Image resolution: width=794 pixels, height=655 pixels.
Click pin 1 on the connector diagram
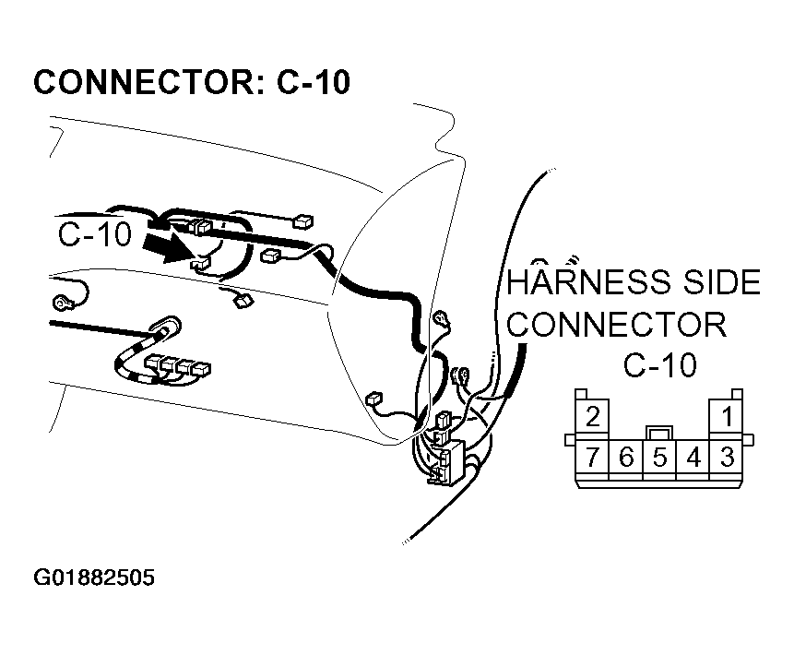[726, 416]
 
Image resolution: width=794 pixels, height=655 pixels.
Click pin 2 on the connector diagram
[593, 416]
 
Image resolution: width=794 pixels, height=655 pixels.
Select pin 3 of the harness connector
[727, 457]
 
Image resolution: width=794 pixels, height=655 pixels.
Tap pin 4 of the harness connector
[693, 457]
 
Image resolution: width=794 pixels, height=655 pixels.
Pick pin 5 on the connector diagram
[659, 457]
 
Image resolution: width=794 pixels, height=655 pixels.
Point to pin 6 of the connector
[626, 457]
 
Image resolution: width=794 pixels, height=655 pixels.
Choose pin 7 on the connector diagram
[593, 457]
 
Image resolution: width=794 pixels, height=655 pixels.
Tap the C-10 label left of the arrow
[95, 235]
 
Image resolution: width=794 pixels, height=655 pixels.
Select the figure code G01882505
[94, 578]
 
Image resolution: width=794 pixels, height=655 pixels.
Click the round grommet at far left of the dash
[63, 301]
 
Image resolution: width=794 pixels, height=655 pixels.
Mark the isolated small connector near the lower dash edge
[373, 399]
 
